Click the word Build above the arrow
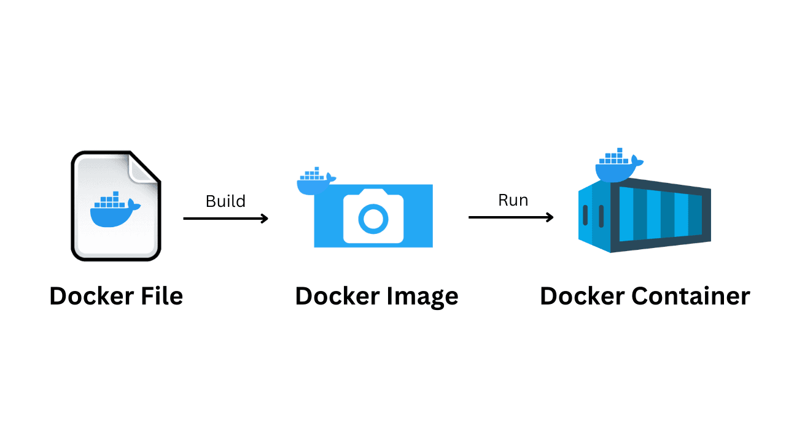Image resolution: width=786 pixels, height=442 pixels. [x=225, y=201]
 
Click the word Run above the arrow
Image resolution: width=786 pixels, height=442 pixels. [x=513, y=200]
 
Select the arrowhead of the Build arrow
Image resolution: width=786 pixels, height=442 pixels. [x=265, y=218]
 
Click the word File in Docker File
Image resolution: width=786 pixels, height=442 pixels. [x=160, y=296]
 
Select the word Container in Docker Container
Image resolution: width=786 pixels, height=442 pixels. [x=690, y=296]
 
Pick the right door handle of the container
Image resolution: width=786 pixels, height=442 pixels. [x=601, y=215]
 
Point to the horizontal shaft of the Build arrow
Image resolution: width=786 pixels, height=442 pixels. [x=221, y=218]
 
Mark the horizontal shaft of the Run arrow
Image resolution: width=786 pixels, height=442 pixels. [x=507, y=217]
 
